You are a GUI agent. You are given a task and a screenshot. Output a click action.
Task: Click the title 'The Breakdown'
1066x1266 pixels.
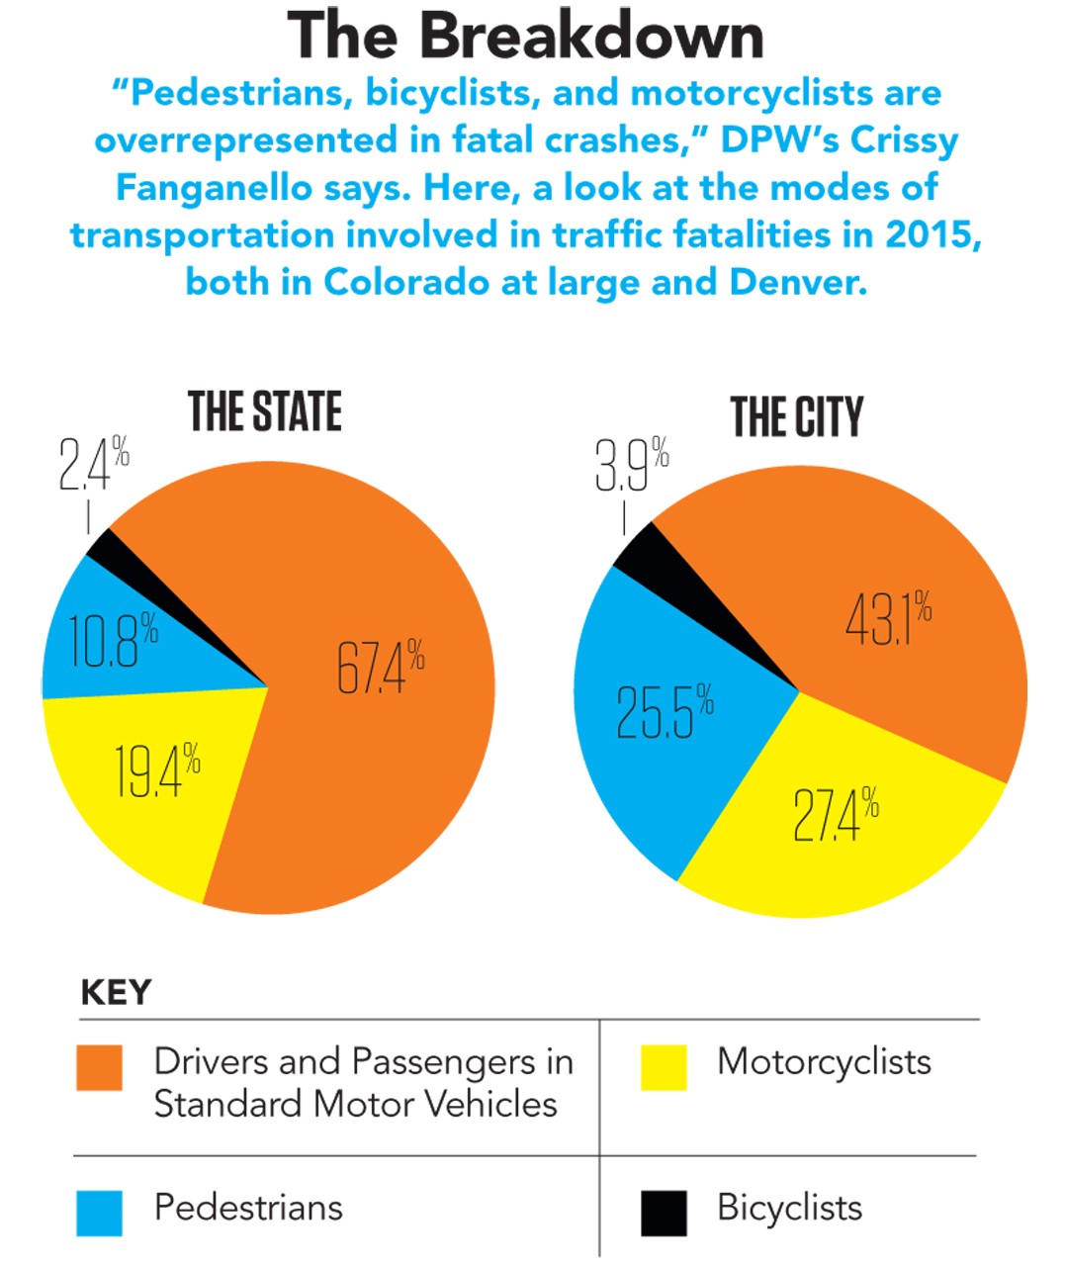click(525, 37)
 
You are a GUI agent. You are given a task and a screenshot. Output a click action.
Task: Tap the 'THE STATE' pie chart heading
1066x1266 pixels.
click(265, 412)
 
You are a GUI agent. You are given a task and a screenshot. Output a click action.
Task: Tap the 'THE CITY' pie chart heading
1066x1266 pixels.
click(796, 416)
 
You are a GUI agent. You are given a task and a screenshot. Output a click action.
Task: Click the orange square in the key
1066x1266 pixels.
click(100, 1068)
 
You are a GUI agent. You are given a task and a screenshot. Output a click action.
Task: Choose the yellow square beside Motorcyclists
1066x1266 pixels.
click(664, 1068)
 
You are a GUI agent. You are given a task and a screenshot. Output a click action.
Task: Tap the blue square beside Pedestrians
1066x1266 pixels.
click(100, 1213)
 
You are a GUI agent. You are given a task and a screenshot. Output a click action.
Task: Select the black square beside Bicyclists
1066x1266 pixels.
click(664, 1213)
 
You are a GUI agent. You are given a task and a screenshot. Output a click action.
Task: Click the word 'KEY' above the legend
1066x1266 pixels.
click(116, 992)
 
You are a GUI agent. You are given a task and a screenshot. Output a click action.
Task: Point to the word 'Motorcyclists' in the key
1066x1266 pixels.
click(824, 1061)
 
